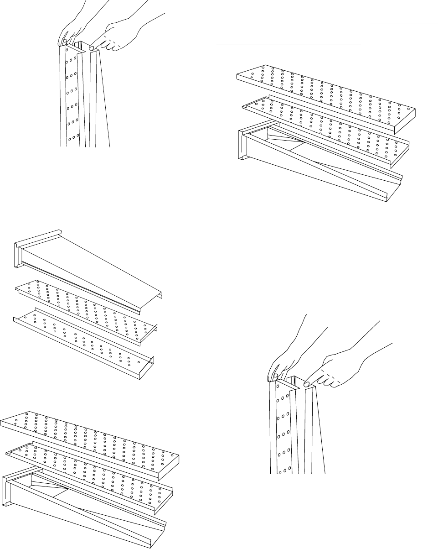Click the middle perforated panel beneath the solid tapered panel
click(x=87, y=306)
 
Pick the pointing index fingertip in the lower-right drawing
click(x=308, y=384)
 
